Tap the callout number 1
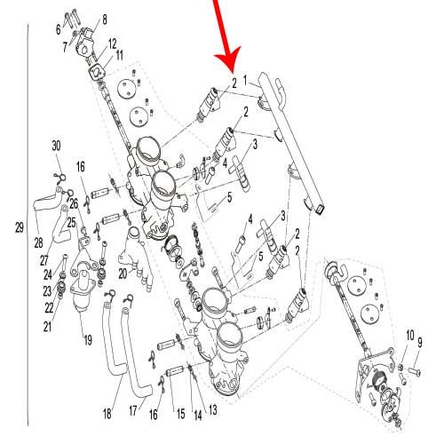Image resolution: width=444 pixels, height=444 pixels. (245, 81)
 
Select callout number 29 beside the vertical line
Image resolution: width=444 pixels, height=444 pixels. (20, 227)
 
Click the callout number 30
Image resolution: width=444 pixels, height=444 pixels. (56, 146)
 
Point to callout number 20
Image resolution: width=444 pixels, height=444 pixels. (123, 274)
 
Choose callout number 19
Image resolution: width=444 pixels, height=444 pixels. (88, 340)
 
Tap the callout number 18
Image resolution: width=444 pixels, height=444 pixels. (107, 414)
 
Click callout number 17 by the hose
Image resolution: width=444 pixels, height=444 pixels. (133, 410)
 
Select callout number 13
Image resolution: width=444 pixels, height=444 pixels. (213, 410)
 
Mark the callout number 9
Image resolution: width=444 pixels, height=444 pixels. (420, 343)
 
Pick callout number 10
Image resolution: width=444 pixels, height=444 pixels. (410, 336)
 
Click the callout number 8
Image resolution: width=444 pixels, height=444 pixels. (104, 20)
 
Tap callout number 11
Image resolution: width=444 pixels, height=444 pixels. (119, 55)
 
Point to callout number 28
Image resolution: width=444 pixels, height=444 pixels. (38, 243)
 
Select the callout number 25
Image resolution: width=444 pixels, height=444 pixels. (71, 223)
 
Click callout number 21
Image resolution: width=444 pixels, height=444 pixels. (47, 327)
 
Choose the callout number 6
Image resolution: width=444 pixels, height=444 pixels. (58, 29)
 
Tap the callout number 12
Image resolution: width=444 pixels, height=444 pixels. (112, 44)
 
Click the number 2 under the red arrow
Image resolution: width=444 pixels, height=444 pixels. (234, 83)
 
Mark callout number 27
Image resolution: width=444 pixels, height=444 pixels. (44, 260)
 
